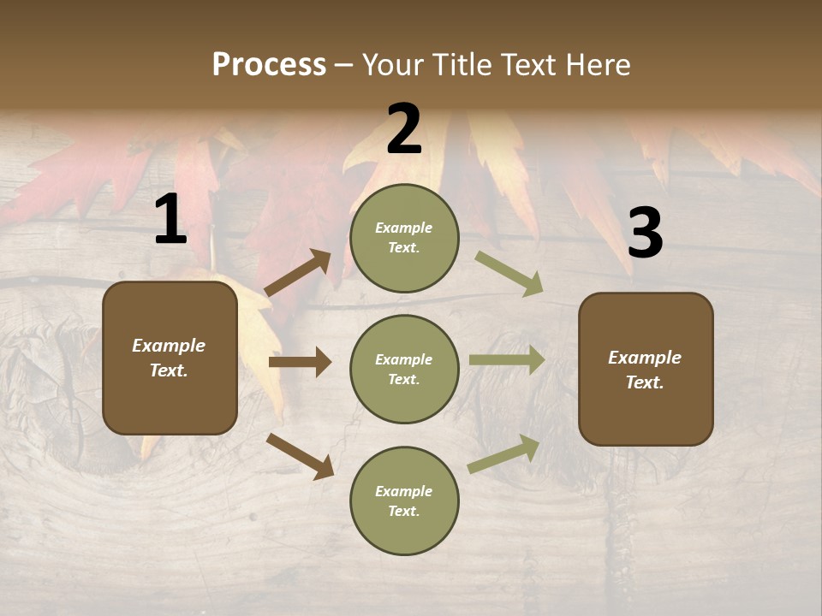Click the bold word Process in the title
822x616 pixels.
pos(269,65)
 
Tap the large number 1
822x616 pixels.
pos(170,220)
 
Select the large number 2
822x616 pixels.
pos(404,129)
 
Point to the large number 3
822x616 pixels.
pos(645,234)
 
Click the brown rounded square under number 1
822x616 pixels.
pos(170,358)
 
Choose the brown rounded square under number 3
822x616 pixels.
pos(646,369)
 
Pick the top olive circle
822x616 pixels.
pos(405,238)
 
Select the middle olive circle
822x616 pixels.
pos(405,370)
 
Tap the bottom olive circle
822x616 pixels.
pos(405,501)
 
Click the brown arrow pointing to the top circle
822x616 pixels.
pos(298,273)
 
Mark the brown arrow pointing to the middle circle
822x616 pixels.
pos(300,363)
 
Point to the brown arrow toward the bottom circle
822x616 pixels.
pos(300,456)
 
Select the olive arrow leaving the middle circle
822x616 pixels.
pos(507,359)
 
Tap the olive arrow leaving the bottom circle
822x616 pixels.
pos(504,453)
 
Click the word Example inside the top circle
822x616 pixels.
pos(404,228)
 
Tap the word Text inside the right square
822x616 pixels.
pos(644,382)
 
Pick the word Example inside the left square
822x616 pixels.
pos(169,346)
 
